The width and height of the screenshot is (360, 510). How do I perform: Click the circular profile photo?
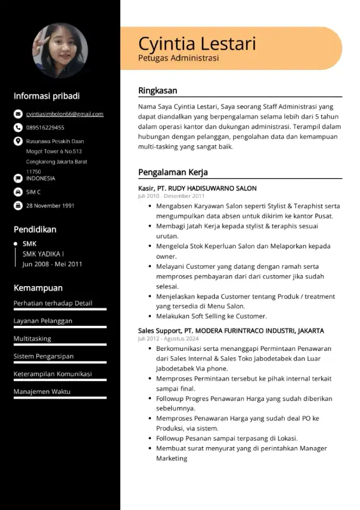click(60, 51)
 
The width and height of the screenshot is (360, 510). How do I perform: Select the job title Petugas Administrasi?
click(178, 58)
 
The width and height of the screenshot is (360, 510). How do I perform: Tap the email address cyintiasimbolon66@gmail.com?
click(65, 114)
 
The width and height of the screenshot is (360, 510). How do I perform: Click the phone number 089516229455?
click(45, 127)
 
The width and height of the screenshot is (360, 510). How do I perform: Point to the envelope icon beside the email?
click(18, 114)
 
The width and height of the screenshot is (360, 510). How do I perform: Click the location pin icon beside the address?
click(18, 141)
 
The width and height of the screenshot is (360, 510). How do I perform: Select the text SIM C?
click(34, 192)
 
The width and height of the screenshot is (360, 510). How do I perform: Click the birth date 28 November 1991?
click(50, 206)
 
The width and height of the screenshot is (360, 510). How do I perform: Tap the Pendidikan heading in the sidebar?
click(35, 229)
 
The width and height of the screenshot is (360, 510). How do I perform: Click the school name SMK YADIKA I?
click(43, 254)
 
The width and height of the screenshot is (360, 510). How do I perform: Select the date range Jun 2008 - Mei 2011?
click(52, 264)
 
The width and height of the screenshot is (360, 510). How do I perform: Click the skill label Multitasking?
click(33, 339)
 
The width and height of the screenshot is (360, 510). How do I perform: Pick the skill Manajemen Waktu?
click(42, 392)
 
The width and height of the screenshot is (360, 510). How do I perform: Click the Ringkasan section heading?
click(158, 91)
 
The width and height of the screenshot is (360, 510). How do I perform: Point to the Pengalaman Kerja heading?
click(173, 172)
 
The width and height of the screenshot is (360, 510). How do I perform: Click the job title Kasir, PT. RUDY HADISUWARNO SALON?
click(197, 188)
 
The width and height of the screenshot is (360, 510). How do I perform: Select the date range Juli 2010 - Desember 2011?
click(171, 196)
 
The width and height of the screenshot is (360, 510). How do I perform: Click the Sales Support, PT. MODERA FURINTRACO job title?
click(231, 330)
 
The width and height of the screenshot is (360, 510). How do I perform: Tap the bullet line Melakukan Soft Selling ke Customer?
click(211, 316)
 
